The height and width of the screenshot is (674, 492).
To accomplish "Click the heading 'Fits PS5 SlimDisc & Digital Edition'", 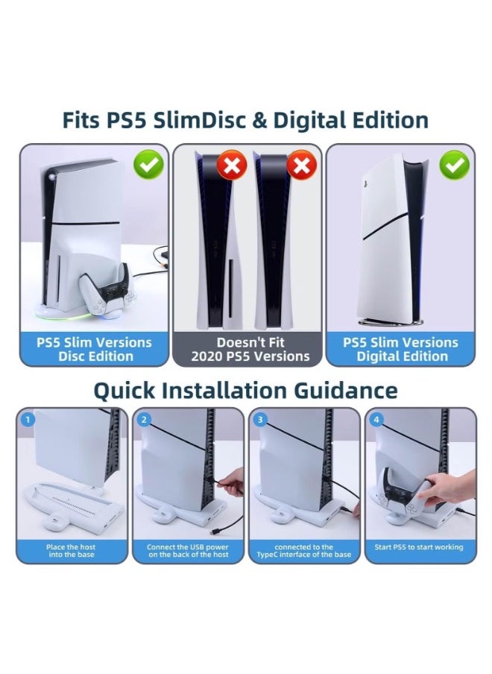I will pos(245,120).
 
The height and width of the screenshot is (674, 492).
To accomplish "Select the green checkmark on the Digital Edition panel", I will pos(454,165).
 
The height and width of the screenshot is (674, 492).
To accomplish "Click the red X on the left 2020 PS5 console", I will pos(232,166).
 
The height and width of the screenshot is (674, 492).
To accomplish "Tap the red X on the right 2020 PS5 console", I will pos(301,166).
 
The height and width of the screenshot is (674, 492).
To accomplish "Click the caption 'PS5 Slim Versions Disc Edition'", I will pos(94,349).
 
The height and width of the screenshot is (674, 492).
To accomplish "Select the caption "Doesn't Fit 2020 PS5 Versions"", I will pos(250,349).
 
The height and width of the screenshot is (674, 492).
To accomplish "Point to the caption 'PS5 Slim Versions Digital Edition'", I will pos(400,349).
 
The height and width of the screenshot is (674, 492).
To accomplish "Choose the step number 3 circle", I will pos(260,420).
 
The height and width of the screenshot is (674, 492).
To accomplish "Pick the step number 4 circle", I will pos(376,420).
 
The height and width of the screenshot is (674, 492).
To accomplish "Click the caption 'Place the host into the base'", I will pos(71,551).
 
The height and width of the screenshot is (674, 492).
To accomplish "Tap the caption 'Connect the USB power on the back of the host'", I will pos(187,551).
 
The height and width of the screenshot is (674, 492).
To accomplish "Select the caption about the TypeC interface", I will pos(303,551).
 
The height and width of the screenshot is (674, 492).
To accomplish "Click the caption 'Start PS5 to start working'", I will pos(419,547).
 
